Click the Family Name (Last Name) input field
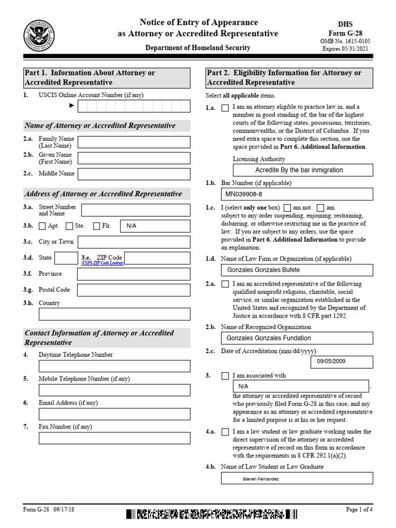134,142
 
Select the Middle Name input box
134,174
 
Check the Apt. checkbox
42,226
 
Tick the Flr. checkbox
96,226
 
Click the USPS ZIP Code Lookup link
102,263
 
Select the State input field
65,258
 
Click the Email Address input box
114,414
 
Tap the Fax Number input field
114,438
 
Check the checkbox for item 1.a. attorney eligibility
225,108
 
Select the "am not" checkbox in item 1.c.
288,208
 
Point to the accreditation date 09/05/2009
332,361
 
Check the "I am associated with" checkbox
225,376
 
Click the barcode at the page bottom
212,514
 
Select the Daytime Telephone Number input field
114,366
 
